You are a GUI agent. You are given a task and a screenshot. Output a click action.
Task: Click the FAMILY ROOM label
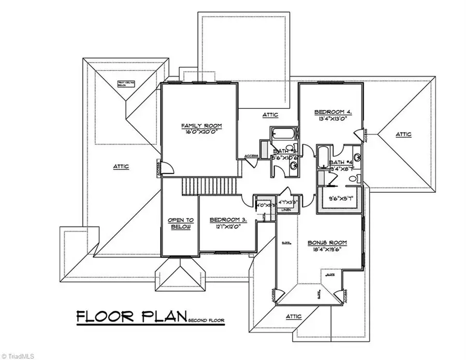(195, 125)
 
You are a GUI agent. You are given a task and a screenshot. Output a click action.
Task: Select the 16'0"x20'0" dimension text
(195, 132)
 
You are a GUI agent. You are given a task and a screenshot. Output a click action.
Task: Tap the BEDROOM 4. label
(333, 112)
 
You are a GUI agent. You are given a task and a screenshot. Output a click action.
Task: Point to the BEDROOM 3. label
(228, 220)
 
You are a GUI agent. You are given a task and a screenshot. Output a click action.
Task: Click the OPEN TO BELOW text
(180, 223)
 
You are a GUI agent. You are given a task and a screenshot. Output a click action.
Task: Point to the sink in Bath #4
(357, 156)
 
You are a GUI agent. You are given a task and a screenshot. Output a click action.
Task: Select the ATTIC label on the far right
(404, 134)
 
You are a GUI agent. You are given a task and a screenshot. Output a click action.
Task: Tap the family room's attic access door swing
(166, 168)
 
